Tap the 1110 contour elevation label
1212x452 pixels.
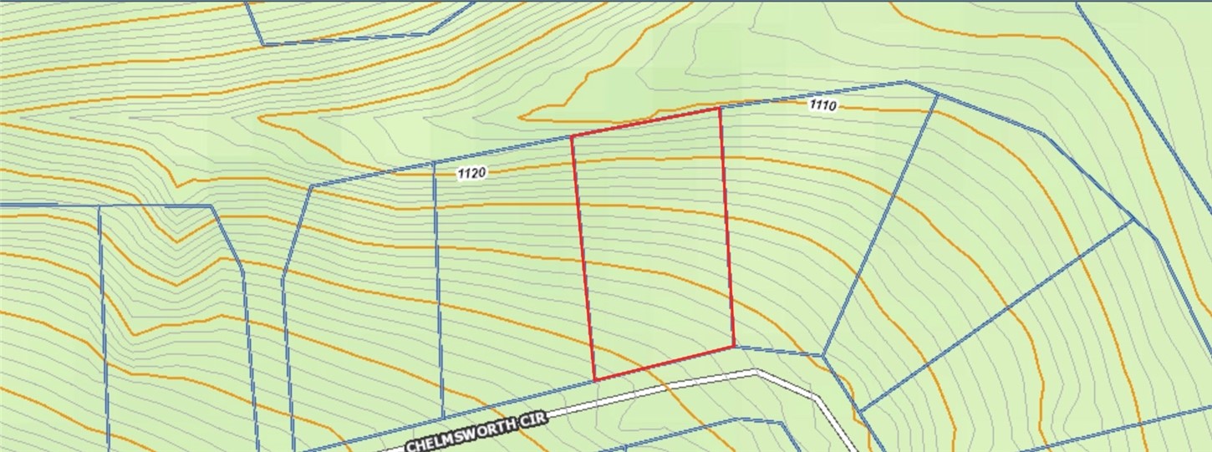tap(823, 105)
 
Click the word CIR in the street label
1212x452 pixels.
tap(532, 419)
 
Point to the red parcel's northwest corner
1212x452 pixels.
tap(572, 136)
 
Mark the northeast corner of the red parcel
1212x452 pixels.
tap(720, 108)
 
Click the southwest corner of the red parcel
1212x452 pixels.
tap(594, 380)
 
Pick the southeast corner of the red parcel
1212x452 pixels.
tap(734, 346)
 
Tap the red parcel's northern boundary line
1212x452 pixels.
tap(645, 122)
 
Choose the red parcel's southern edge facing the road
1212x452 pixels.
tap(665, 363)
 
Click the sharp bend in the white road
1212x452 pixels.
tap(756, 372)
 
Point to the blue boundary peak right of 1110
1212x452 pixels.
tap(905, 82)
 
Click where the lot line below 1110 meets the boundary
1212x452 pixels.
tap(937, 95)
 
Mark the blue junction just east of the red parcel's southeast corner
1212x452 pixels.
tap(823, 357)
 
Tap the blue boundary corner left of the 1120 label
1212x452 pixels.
tap(311, 185)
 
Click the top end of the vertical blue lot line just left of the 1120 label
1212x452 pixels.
tap(434, 164)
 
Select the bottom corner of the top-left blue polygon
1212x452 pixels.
tap(262, 43)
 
